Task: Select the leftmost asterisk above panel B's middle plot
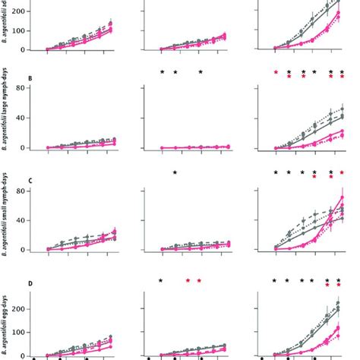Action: point(162,73)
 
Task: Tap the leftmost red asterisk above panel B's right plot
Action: point(276,73)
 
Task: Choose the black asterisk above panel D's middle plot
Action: point(161,281)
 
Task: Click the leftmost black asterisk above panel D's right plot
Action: point(274,281)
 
